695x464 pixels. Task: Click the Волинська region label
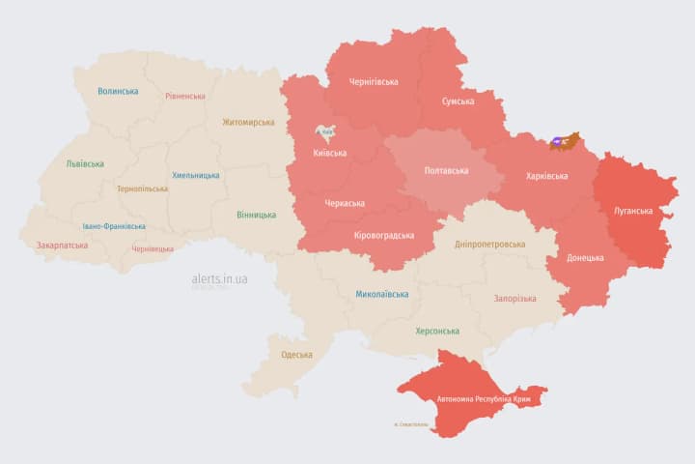118,91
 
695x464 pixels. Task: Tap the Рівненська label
185,96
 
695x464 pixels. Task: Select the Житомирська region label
248,122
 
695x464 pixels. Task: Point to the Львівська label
85,163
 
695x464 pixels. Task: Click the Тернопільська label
142,188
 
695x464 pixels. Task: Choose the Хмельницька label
195,175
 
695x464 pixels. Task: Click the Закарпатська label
62,245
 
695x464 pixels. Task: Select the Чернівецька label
152,248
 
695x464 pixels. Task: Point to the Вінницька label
256,215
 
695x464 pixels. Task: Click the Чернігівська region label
373,81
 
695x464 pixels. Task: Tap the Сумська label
458,101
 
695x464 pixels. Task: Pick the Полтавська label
446,170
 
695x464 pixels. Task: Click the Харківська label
546,176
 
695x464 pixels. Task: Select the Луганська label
633,210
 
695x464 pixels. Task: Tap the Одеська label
296,354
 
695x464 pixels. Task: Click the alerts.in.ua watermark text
219,278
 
